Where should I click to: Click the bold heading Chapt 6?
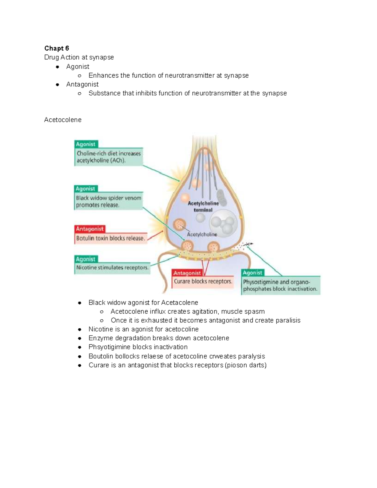(57, 48)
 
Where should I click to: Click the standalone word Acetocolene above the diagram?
(63, 120)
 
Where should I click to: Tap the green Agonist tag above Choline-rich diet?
(86, 144)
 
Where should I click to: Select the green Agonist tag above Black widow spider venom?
(85, 189)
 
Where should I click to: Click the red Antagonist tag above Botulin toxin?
(90, 229)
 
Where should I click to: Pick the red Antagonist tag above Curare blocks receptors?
(187, 273)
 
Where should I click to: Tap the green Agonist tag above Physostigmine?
(253, 273)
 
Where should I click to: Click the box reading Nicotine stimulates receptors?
(112, 268)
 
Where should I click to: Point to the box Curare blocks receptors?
(203, 282)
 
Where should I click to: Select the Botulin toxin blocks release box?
(111, 238)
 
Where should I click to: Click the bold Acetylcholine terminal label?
(203, 206)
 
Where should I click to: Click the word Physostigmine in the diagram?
(260, 282)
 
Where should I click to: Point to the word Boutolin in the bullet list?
(101, 356)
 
